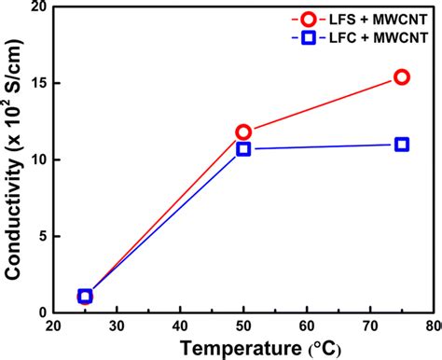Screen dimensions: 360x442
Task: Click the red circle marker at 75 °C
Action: pos(401,77)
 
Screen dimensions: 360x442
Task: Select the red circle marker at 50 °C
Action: pos(243,132)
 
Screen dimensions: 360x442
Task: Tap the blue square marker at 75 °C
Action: pos(401,145)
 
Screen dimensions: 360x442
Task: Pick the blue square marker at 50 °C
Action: pos(243,149)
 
